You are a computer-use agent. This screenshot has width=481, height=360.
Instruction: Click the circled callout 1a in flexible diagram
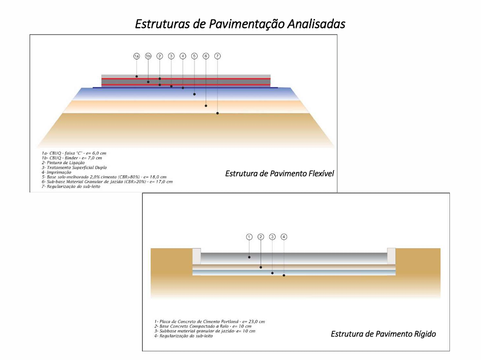point(136,56)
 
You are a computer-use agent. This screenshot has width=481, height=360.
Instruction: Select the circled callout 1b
point(148,56)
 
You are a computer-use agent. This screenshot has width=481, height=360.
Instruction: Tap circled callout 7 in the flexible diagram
point(217,56)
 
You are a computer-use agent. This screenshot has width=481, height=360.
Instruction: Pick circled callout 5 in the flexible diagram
point(194,56)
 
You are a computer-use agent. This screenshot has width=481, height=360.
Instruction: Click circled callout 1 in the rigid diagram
point(249,237)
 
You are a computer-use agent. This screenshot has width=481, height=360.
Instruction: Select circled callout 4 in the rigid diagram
point(284,237)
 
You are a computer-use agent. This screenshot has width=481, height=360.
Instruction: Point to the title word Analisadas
point(316,24)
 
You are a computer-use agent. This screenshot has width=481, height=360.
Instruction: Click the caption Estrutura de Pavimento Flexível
point(279,174)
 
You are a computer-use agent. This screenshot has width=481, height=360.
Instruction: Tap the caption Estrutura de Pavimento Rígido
point(383,334)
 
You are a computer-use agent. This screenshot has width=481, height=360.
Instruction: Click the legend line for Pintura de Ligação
point(63,162)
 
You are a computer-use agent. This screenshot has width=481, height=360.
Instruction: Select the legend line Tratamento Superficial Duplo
point(74,168)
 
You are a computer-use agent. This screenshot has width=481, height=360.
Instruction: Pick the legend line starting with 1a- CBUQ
point(74,153)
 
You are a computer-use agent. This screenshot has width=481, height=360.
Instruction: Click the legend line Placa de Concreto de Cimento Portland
point(210,322)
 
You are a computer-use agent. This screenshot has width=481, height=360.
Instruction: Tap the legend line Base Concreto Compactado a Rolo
point(203,326)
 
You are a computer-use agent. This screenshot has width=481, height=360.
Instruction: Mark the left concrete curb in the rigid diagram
point(196,256)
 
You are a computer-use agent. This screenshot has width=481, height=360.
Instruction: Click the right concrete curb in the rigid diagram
point(391,256)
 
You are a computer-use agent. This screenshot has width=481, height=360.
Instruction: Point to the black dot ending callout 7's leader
point(217,113)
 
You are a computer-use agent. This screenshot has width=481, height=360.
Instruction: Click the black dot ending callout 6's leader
point(206,105)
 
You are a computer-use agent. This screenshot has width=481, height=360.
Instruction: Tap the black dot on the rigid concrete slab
point(249,257)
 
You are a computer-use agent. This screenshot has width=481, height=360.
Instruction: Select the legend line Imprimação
point(56,172)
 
